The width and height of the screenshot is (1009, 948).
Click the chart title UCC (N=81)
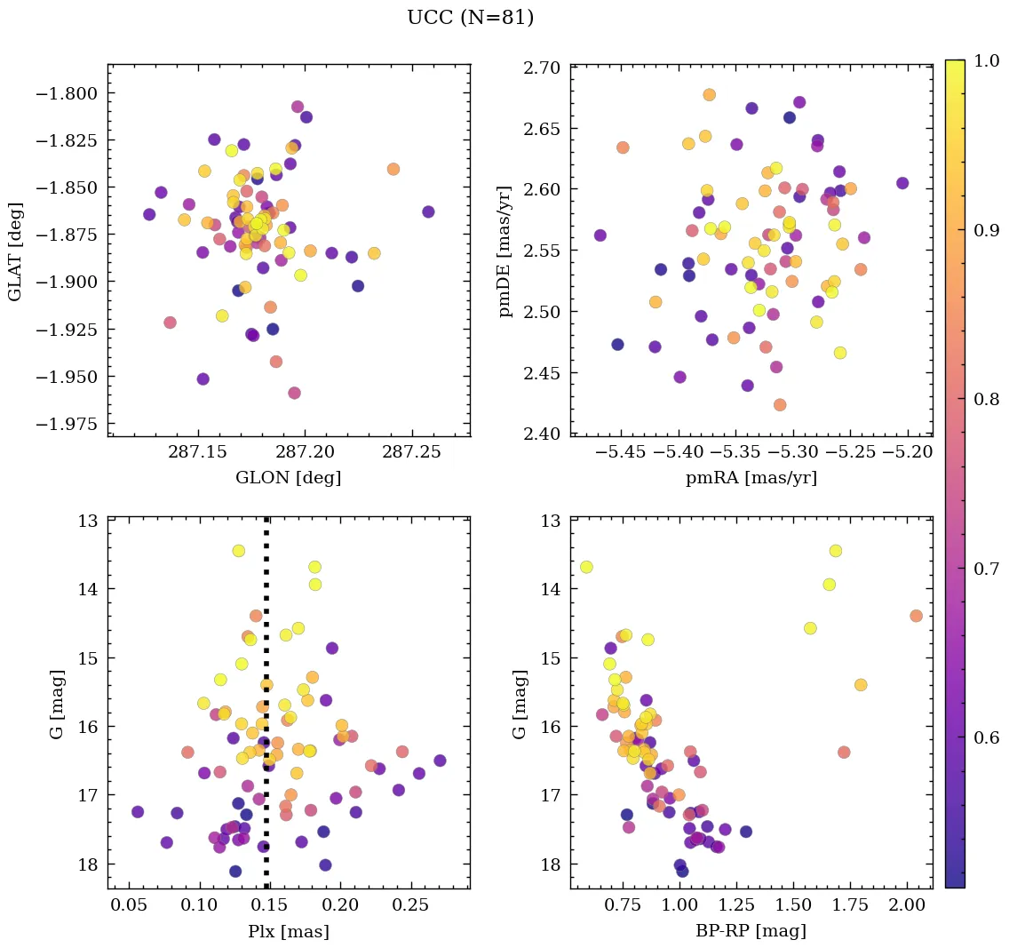tap(470, 18)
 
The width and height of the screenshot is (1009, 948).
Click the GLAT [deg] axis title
tap(15, 251)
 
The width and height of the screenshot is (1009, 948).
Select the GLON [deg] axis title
tap(288, 477)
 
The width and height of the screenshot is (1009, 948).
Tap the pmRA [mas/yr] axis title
tap(751, 477)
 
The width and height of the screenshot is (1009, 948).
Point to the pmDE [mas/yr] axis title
tap(505, 251)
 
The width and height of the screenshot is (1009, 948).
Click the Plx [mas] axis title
tap(288, 931)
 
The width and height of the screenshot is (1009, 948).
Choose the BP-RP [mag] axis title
tap(751, 931)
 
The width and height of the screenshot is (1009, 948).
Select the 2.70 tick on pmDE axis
tap(543, 68)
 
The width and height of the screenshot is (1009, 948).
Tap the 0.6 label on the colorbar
tap(982, 737)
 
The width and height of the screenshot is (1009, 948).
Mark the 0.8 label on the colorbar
tap(982, 399)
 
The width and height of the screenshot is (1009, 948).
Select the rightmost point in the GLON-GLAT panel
tap(428, 211)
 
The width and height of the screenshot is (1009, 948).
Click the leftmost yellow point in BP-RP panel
tap(586, 567)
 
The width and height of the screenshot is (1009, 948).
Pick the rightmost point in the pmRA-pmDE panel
tap(902, 183)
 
